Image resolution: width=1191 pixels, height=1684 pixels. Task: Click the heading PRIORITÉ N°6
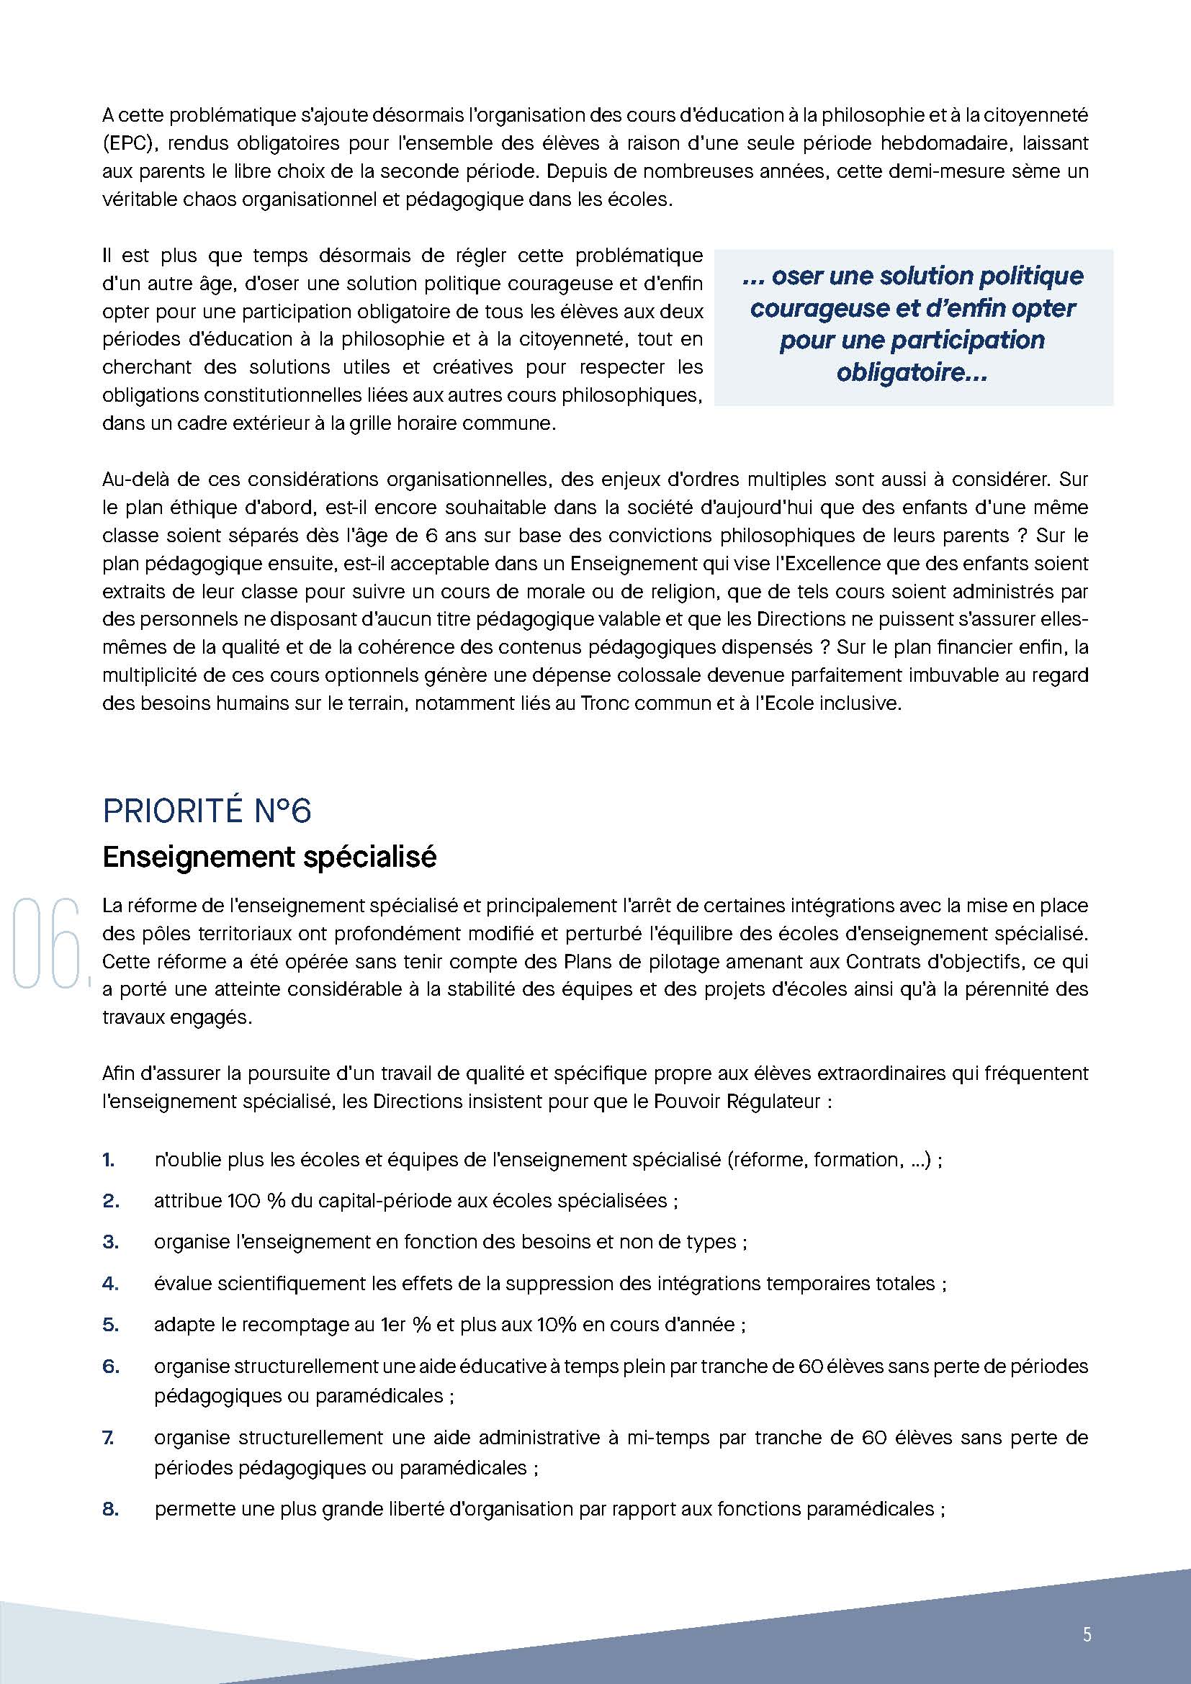coord(207,811)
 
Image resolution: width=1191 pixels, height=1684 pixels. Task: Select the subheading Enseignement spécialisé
coord(269,857)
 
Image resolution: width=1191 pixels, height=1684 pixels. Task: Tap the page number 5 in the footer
coord(1087,1634)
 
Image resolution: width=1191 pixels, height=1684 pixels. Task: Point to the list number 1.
coord(109,1160)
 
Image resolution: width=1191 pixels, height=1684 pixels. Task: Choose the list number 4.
coord(110,1284)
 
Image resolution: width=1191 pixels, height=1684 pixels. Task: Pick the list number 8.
coord(110,1510)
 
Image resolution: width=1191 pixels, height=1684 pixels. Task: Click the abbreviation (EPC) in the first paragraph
coord(129,143)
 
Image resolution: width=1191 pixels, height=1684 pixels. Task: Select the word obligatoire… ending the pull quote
coord(912,373)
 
